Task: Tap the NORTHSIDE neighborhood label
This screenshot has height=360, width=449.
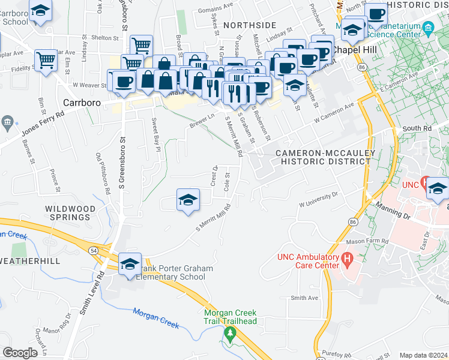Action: click(250, 25)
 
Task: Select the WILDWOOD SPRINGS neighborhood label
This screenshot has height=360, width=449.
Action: click(71, 212)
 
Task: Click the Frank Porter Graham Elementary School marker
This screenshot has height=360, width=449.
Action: click(130, 264)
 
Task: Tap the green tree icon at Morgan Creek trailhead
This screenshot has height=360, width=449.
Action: click(229, 332)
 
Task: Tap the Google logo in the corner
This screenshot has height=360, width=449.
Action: click(20, 353)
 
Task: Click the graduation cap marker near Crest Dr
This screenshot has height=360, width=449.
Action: click(188, 200)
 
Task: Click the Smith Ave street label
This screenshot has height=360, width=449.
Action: click(304, 298)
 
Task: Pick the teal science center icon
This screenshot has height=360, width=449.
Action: click(428, 28)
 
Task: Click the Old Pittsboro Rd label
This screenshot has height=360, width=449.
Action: click(103, 175)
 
